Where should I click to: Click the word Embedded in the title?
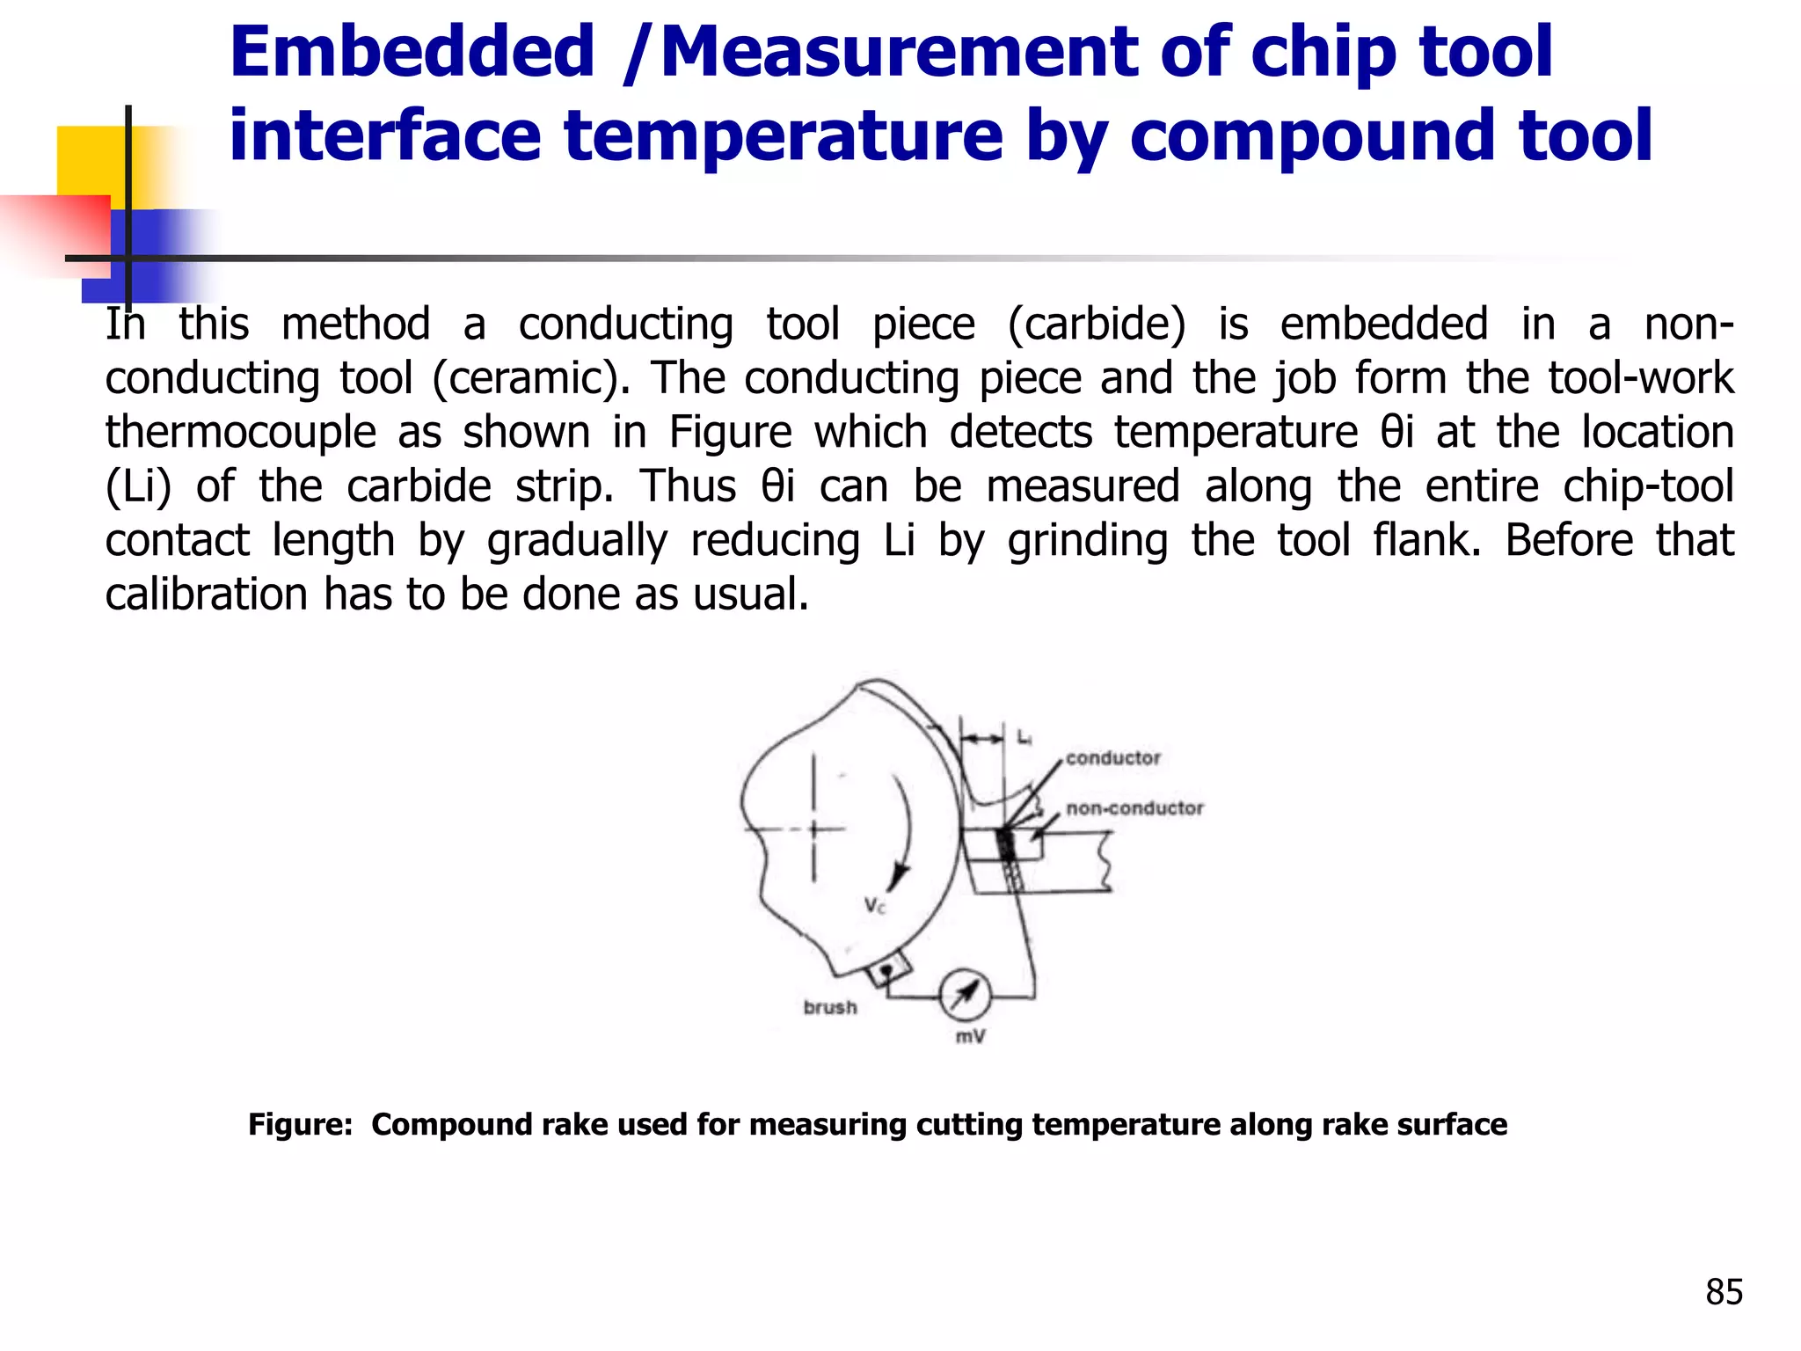coord(412,53)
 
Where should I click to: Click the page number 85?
coord(1724,1292)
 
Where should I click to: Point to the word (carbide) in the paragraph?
coord(1097,325)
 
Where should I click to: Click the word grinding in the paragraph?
coord(1088,541)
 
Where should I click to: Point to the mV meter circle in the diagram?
coord(965,995)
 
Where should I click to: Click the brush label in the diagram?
coord(829,1008)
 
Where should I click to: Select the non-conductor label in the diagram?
coord(1134,808)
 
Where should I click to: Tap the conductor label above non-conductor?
coord(1112,758)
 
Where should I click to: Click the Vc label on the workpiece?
coord(874,905)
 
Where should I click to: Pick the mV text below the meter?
coord(970,1037)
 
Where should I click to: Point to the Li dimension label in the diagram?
coord(1024,738)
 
